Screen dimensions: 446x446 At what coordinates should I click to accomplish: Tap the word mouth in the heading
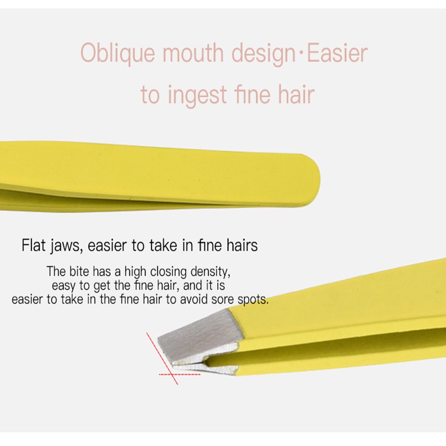tap(193, 53)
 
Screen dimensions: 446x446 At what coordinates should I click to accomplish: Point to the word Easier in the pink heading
tap(337, 53)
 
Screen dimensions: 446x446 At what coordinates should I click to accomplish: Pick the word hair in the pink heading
tap(296, 94)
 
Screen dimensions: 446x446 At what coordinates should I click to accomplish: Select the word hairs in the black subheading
tap(242, 245)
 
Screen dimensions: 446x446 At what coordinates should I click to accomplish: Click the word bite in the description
tap(79, 271)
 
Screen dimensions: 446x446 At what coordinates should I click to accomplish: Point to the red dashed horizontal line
tap(179, 375)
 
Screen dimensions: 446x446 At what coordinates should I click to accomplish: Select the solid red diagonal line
tap(162, 359)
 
